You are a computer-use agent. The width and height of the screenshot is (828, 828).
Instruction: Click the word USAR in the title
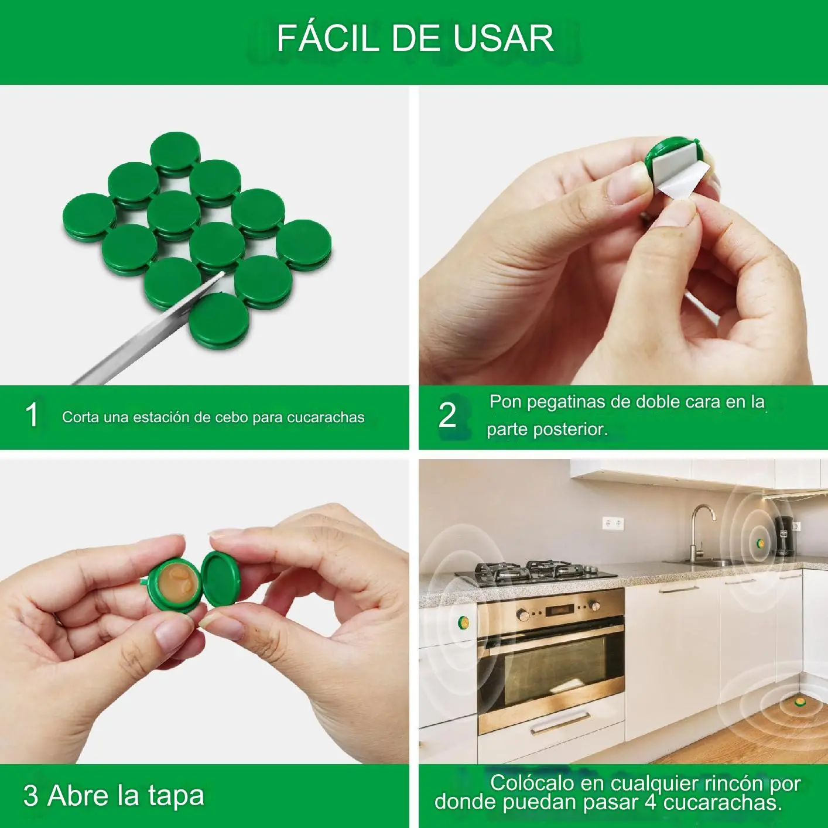pos(503,38)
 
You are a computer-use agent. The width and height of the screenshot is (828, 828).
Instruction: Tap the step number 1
pos(32,415)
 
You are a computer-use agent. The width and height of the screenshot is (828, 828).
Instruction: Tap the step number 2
pos(447,415)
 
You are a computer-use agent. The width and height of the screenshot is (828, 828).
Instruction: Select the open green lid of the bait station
pos(224,580)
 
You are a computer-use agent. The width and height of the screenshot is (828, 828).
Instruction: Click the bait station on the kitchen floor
pos(800,703)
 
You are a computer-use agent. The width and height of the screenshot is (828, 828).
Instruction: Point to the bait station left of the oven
pos(463,622)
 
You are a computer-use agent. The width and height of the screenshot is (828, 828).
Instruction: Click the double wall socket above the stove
pos(613,524)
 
